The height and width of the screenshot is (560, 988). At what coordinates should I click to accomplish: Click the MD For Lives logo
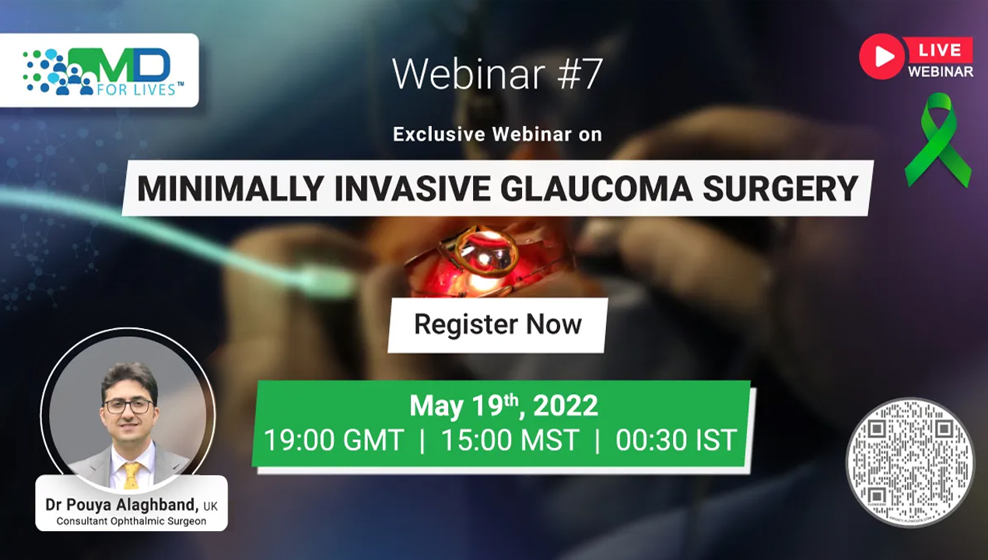[x=103, y=72]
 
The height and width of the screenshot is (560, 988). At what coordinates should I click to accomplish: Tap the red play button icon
[x=882, y=57]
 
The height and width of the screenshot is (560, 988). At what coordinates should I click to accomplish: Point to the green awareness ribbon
[x=938, y=140]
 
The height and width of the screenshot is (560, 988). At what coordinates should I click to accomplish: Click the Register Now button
[x=498, y=325]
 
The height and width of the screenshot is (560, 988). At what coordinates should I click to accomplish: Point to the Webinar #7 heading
[x=497, y=73]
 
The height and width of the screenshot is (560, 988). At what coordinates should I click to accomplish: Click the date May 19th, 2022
[x=503, y=406]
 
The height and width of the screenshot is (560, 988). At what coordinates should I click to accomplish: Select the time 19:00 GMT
[x=334, y=440]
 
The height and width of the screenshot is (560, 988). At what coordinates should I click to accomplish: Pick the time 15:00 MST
[x=510, y=440]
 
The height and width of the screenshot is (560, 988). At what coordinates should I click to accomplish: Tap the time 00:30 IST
[x=676, y=440]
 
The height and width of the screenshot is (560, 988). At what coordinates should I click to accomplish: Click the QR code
[x=910, y=463]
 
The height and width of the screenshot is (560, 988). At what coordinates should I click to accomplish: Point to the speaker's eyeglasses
[x=128, y=406]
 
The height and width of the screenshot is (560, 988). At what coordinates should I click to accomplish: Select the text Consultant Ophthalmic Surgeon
[x=131, y=521]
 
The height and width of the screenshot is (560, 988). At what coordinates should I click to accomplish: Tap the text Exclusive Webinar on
[x=498, y=135]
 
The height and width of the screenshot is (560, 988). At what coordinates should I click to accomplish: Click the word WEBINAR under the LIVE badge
[x=941, y=72]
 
